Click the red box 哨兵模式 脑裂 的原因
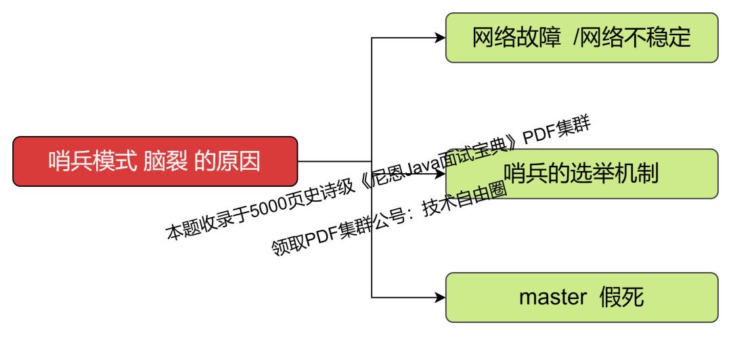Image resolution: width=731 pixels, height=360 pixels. pyautogui.click(x=155, y=161)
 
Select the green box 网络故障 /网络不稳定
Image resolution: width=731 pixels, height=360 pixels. pyautogui.click(x=581, y=37)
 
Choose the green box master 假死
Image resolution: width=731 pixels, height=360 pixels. pyautogui.click(x=581, y=297)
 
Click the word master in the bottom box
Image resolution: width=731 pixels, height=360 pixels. pyautogui.click(x=552, y=297)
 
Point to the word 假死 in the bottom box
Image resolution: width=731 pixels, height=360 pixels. pyautogui.click(x=621, y=297)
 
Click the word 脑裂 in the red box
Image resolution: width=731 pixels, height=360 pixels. pyautogui.click(x=165, y=161)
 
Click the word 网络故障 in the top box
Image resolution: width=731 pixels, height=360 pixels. pyautogui.click(x=516, y=37)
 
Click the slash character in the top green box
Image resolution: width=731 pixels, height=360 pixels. pyautogui.click(x=576, y=37)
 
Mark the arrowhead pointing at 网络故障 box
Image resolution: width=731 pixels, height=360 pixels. pyautogui.click(x=440, y=38)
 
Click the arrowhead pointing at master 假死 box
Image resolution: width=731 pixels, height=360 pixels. pyautogui.click(x=440, y=297)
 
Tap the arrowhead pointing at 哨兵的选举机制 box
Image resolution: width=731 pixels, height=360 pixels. pyautogui.click(x=440, y=174)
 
